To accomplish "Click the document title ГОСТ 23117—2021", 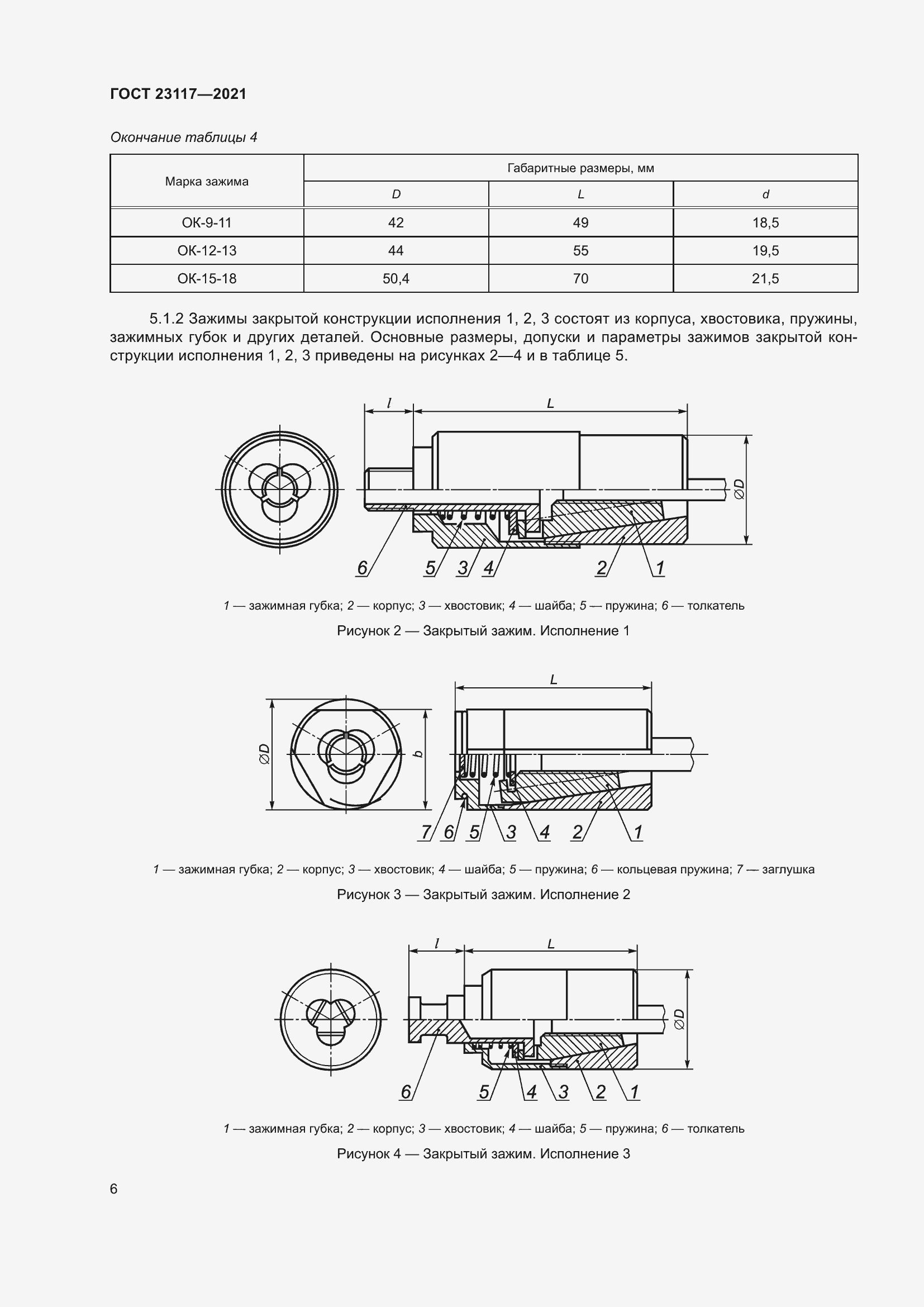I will point(178,94).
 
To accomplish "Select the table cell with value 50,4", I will point(396,278).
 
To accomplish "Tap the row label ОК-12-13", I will point(207,250).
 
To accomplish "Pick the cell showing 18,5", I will point(765,222).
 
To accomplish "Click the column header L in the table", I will point(580,194).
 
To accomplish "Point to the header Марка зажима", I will point(207,182).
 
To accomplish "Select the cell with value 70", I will point(580,278).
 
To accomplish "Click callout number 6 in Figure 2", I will point(363,568).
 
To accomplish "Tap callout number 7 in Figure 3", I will point(426,831).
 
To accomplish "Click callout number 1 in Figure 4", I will point(635,1091).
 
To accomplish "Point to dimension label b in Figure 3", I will point(419,754).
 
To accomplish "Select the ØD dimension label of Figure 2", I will point(739,489).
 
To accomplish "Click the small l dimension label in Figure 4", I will point(436,944).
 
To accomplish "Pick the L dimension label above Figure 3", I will point(553,679).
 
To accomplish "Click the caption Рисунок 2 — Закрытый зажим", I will point(483,631).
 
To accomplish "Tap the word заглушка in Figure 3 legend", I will point(788,869).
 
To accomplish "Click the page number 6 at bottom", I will point(114,1189).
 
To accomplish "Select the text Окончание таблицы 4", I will point(184,137).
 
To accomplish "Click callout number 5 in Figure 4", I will point(484,1091).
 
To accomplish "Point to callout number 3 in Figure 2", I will point(463,568).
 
